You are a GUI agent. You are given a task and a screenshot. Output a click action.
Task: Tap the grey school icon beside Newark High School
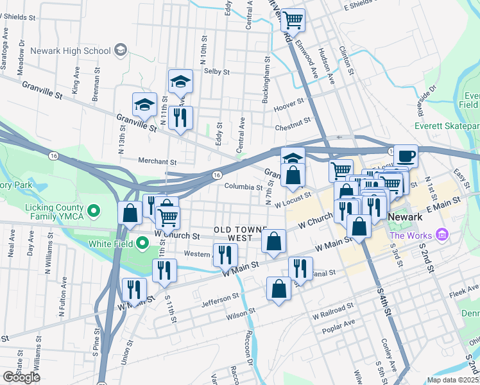click(120, 50)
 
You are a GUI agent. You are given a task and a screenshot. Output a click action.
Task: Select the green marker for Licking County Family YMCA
click(94, 210)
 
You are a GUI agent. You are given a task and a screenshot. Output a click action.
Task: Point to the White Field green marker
click(142, 244)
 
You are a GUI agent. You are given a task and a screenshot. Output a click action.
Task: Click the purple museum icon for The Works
click(441, 235)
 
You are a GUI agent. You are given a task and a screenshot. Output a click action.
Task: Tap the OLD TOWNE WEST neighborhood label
click(232, 234)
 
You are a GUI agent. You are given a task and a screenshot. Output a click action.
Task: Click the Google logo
click(21, 377)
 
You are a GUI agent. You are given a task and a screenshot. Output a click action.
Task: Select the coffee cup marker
click(406, 156)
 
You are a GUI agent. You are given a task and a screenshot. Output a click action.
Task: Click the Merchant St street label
click(157, 162)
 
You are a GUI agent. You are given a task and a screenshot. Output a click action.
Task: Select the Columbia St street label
click(243, 187)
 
